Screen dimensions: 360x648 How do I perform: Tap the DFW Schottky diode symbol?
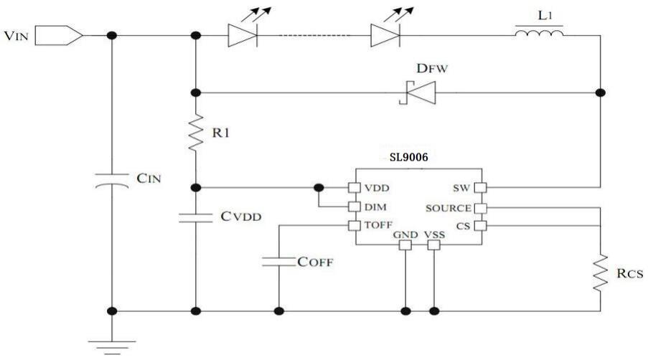coord(415,93)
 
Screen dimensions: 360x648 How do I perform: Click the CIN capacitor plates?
coord(111,184)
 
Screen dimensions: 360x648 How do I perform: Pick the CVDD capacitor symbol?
coord(194,218)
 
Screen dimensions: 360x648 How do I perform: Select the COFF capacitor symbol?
coord(278,262)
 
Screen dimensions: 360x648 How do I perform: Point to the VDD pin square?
coord(353,187)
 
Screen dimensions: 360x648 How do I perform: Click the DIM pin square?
coord(353,207)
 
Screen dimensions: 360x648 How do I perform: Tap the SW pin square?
coord(482,188)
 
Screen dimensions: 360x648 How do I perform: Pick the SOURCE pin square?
coord(482,208)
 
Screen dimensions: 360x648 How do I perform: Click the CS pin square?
coord(482,227)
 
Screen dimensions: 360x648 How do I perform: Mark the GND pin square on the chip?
coord(405,245)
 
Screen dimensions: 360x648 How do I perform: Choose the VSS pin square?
coord(433,245)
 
